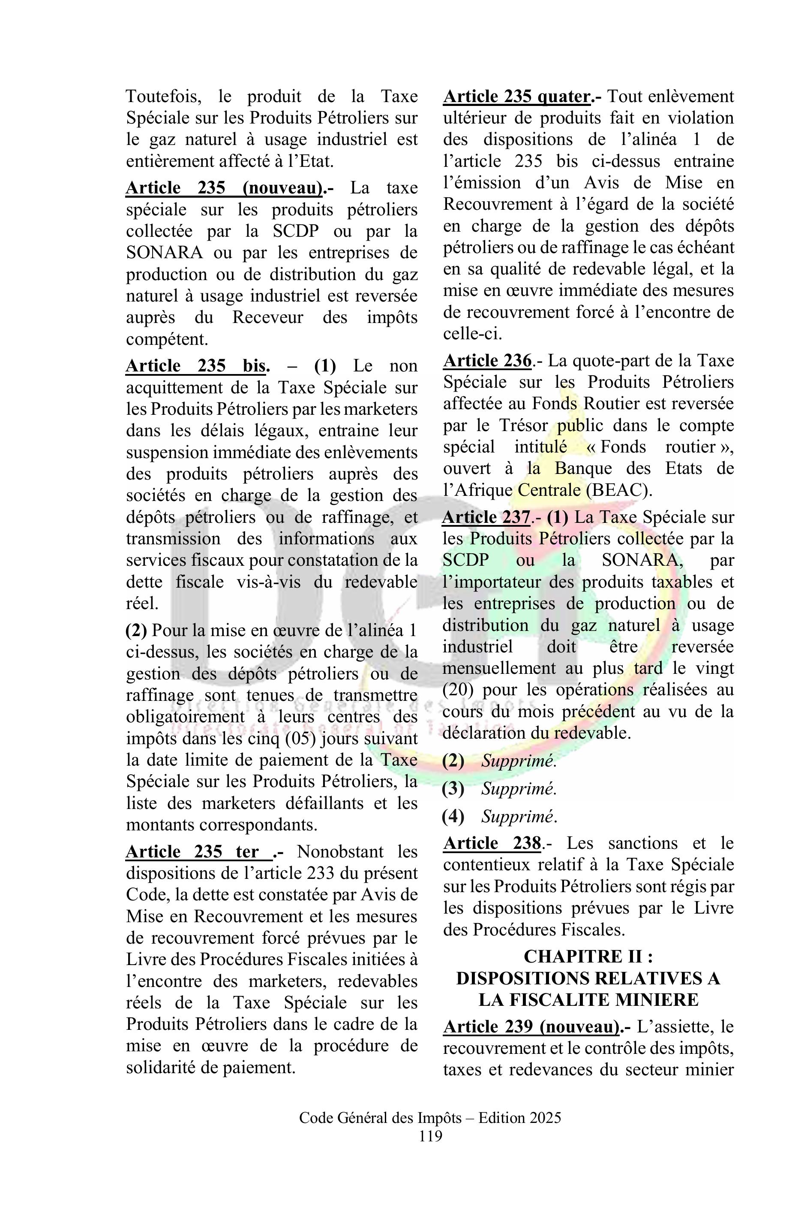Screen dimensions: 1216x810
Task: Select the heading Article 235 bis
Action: tap(198, 366)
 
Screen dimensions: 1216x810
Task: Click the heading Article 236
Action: tap(487, 360)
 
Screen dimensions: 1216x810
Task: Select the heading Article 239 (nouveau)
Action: tap(532, 1026)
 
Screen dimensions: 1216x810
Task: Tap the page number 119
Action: tap(430, 1136)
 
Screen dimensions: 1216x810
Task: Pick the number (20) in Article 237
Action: tap(455, 690)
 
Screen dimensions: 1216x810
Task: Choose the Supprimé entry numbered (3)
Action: tap(519, 788)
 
